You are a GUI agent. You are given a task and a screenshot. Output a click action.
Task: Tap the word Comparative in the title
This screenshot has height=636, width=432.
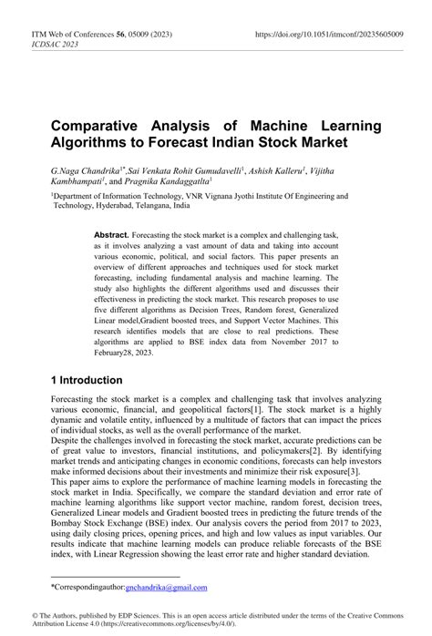click(99, 126)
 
